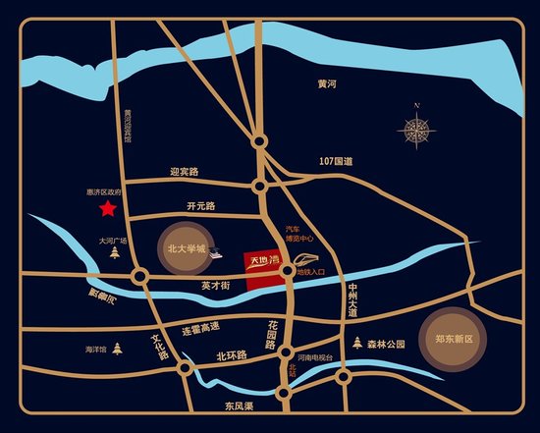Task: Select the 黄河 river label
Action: coord(327,85)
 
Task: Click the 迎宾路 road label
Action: coord(184,172)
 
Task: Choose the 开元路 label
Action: coord(200,206)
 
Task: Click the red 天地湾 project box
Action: coord(263,265)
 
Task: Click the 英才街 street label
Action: coord(214,286)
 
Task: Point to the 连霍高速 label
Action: coord(200,327)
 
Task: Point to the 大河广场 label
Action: coord(113,239)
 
